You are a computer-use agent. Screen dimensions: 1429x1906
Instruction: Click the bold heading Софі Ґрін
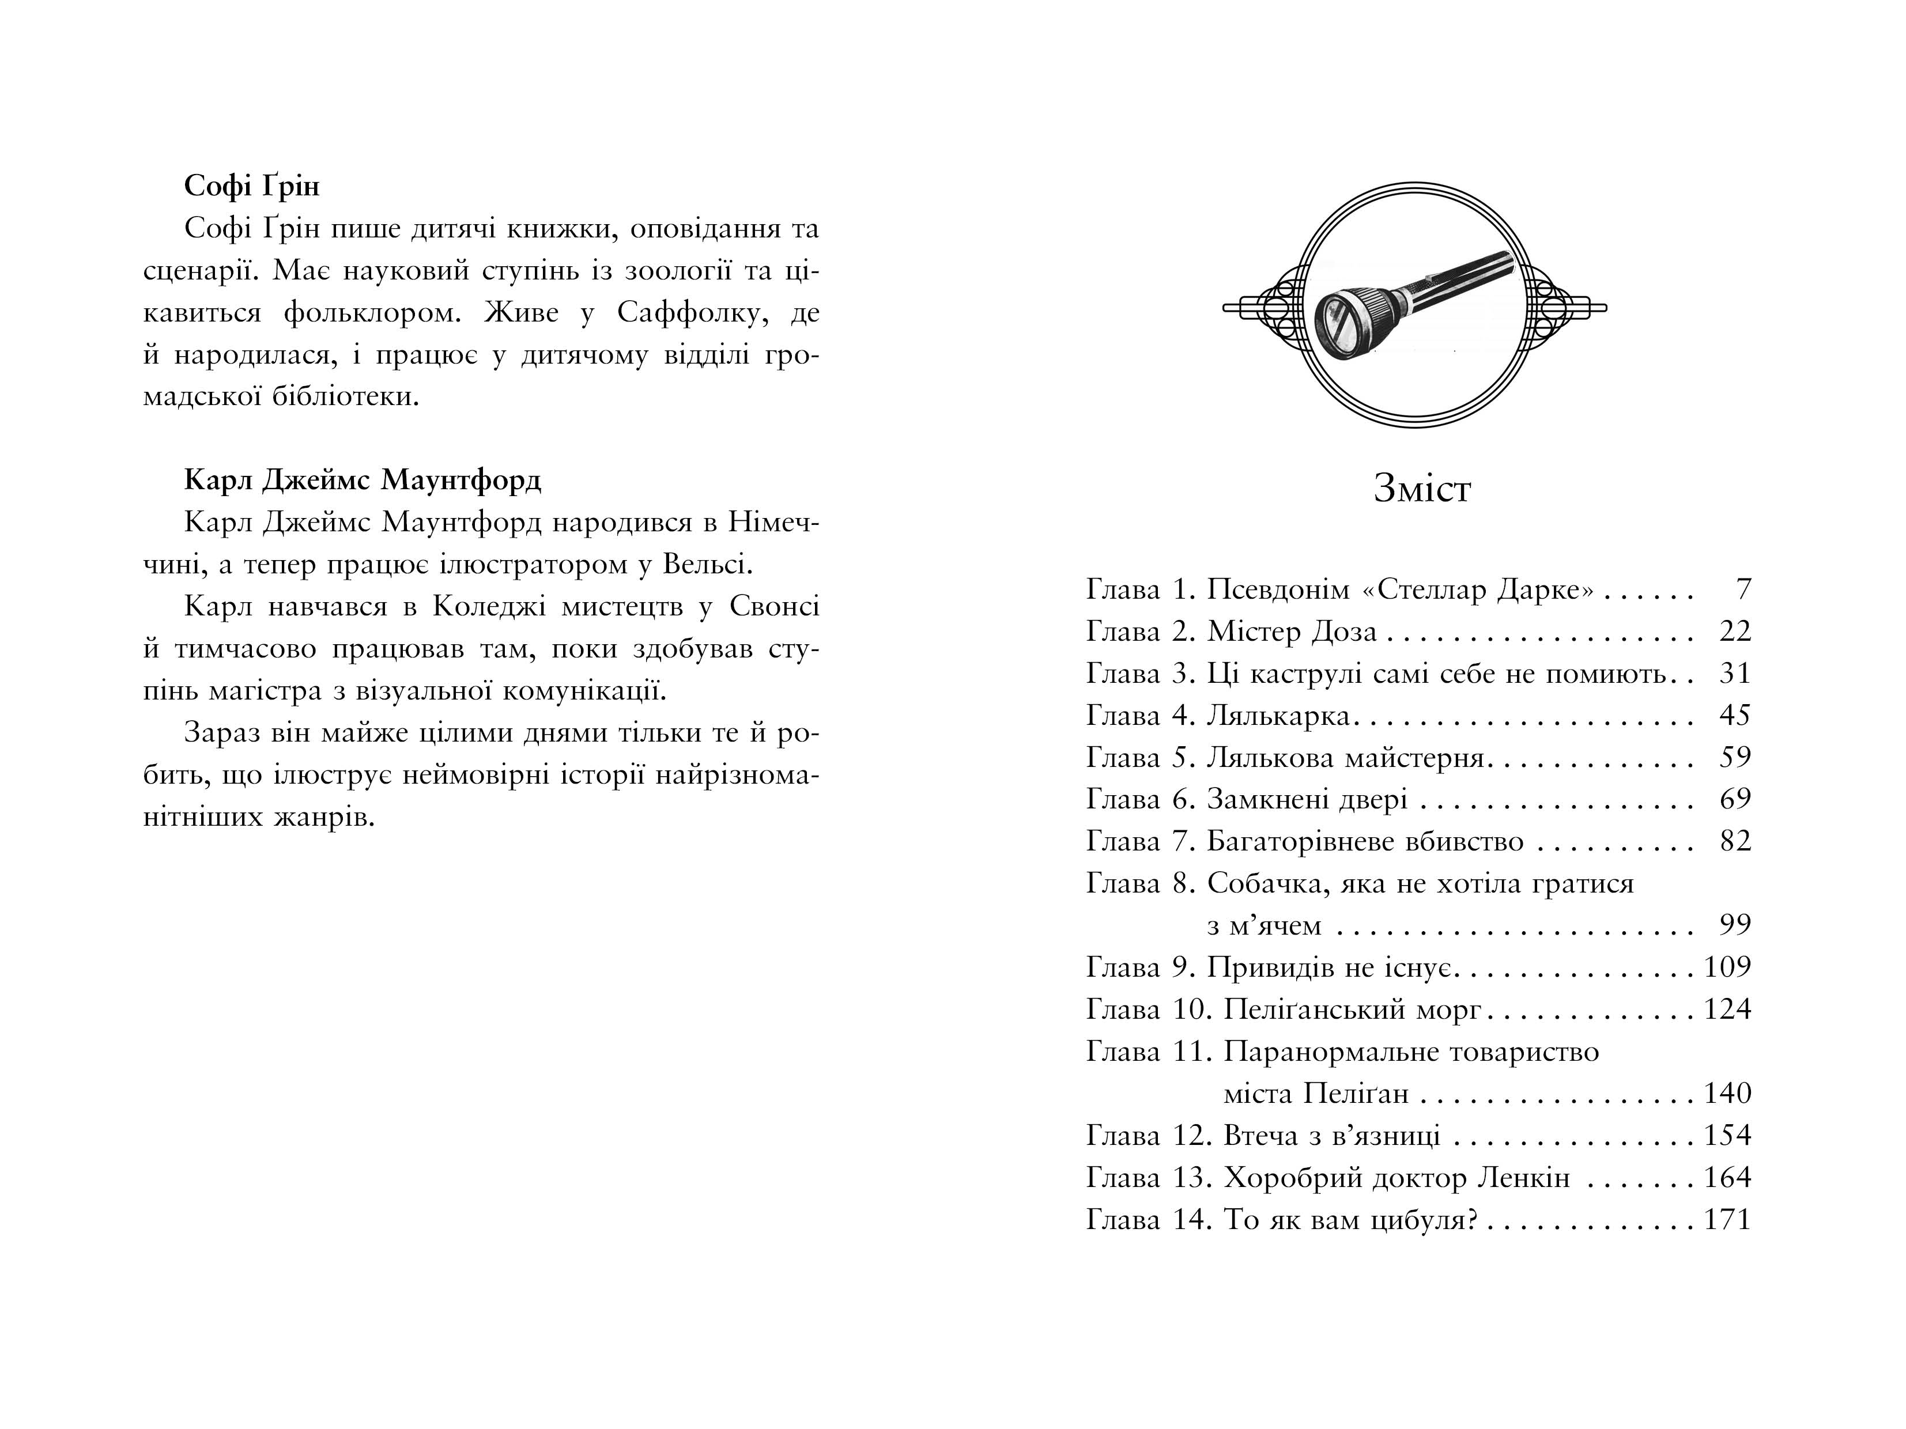252,186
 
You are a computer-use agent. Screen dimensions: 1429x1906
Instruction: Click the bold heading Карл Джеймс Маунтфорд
363,480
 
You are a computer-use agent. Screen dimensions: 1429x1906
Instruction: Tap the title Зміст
1422,489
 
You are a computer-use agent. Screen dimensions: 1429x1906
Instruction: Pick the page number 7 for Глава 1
1743,589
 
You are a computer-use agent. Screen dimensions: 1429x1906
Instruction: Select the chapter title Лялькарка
1278,716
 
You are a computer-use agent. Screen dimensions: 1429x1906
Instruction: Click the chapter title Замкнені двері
1306,799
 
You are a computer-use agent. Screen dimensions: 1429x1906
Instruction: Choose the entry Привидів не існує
1330,967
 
